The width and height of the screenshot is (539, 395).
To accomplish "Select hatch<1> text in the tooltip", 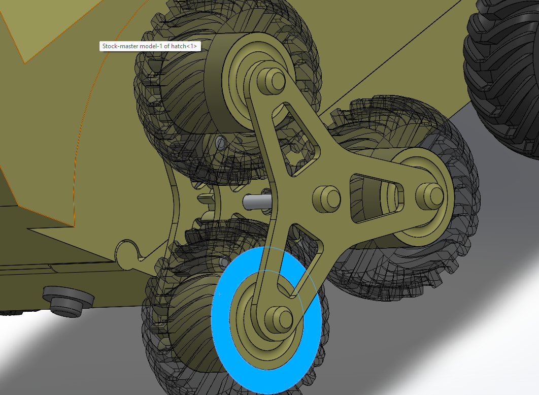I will (x=185, y=46).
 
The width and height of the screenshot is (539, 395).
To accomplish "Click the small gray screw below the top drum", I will (x=220, y=143).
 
